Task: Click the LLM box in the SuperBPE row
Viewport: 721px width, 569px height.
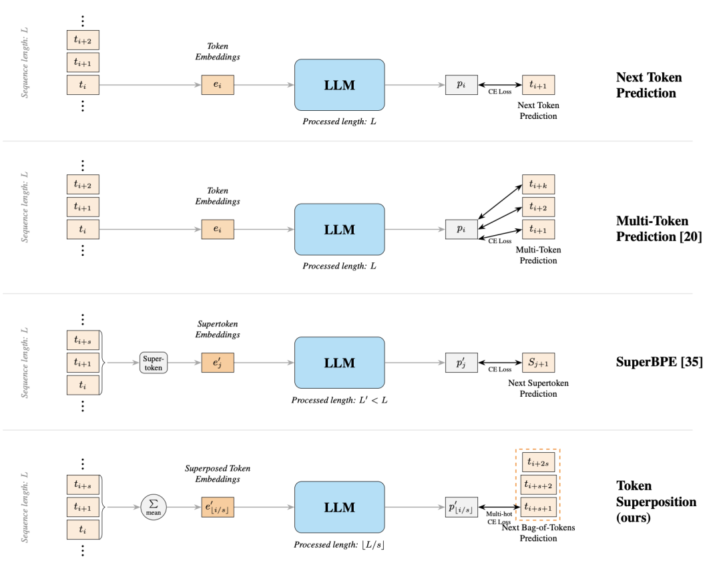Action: [x=339, y=363]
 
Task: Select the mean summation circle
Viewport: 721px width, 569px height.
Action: [x=154, y=507]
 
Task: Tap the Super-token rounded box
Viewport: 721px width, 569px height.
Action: [x=154, y=363]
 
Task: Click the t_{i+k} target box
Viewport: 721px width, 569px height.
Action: [x=538, y=184]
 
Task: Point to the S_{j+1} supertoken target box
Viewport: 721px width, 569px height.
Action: [x=538, y=363]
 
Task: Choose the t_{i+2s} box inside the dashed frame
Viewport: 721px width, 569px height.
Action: [x=538, y=462]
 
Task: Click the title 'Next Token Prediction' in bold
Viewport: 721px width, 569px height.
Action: [x=649, y=85]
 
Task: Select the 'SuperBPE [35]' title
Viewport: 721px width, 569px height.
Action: [x=660, y=362]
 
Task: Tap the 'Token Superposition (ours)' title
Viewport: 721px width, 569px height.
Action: [x=656, y=502]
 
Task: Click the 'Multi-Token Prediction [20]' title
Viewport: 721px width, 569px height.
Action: [x=659, y=228]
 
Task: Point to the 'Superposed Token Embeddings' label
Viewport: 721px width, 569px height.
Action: [x=218, y=473]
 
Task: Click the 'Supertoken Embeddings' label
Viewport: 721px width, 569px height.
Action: [x=218, y=329]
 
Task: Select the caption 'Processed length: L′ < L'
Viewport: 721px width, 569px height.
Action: [x=339, y=400]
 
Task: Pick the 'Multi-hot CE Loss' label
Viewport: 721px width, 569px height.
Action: [x=499, y=518]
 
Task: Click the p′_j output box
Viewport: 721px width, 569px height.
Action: [x=461, y=363]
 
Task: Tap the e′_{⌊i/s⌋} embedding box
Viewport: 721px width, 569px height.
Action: [x=218, y=507]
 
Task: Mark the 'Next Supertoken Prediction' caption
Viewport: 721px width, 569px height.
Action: [x=538, y=388]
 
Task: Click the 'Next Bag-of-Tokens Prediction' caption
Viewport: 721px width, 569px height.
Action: [x=538, y=533]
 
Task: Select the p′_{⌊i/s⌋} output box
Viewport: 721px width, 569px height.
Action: [x=461, y=507]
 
